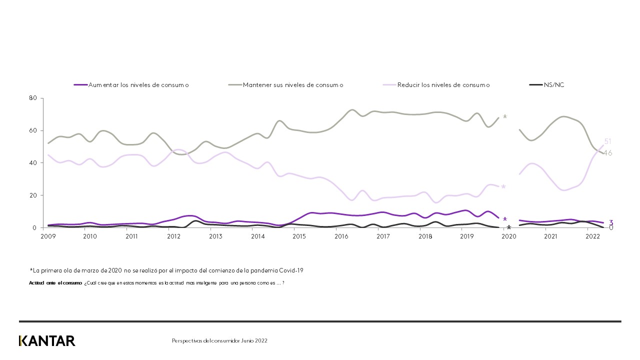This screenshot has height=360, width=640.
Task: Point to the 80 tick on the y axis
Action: click(34, 98)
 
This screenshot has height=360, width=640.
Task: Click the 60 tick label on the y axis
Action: click(34, 130)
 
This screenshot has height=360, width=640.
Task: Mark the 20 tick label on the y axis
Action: click(34, 195)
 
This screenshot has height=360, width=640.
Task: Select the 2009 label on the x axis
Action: click(48, 236)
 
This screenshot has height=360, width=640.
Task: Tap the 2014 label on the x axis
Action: click(257, 236)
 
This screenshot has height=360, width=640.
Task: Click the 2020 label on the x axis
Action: click(508, 236)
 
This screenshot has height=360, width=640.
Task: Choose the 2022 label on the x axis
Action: click(592, 236)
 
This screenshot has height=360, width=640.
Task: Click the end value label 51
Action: click(608, 141)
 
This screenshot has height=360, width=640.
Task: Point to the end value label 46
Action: click(607, 153)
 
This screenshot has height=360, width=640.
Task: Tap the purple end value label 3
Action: click(611, 222)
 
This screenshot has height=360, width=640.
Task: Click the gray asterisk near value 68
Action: click(505, 117)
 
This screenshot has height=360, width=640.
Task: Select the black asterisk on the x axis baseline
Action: click(509, 228)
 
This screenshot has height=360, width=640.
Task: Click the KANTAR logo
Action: click(47, 341)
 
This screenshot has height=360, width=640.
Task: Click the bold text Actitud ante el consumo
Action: click(55, 283)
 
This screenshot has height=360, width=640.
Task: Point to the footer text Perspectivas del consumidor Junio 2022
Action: click(219, 341)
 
